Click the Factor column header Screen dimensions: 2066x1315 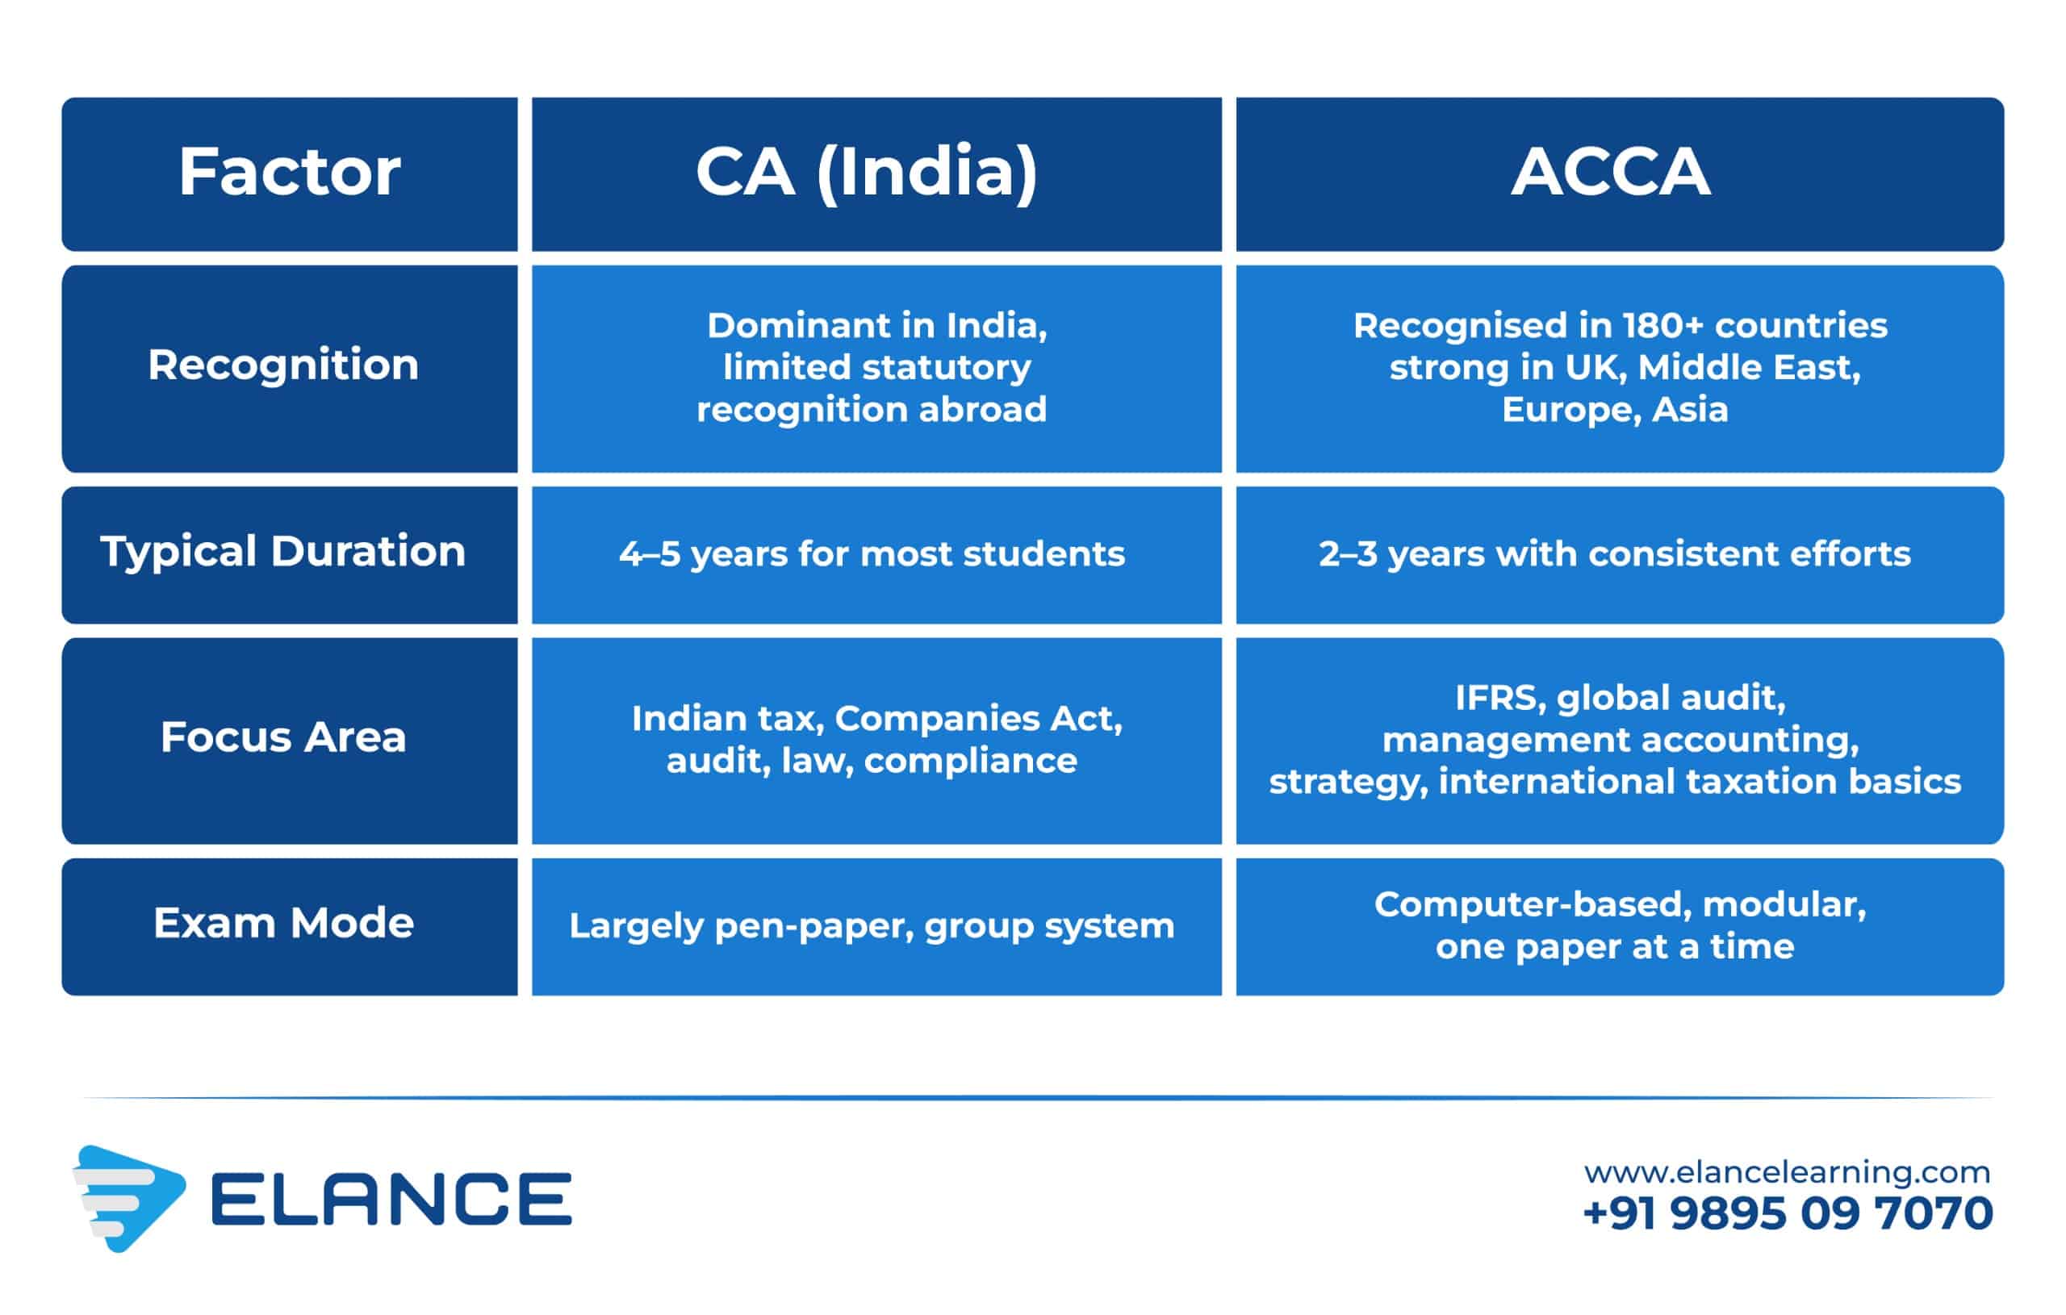point(289,173)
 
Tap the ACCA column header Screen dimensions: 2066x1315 point(1610,173)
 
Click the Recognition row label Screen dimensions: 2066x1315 point(283,365)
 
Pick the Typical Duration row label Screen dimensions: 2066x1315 point(283,552)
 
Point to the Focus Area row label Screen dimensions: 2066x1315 point(283,737)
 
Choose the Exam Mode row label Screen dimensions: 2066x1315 point(283,923)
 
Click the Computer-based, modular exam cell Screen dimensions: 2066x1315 point(1620,925)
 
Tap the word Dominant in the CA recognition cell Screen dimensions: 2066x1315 point(797,325)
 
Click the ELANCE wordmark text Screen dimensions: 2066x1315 point(391,1198)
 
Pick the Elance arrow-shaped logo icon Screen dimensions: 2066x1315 point(128,1198)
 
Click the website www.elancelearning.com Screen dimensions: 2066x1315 point(1787,1172)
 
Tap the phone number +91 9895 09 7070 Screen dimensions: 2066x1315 point(1787,1213)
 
